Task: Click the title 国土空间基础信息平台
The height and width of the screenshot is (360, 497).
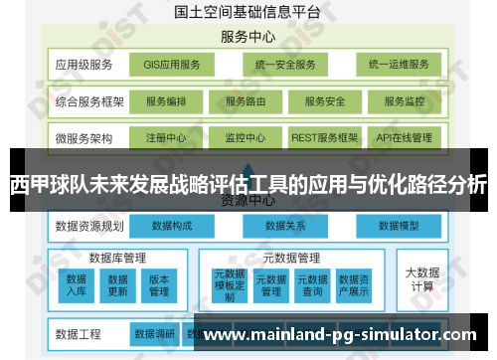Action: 248,13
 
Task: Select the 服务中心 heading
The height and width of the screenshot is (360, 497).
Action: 248,38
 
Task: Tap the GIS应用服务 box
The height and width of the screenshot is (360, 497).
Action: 171,66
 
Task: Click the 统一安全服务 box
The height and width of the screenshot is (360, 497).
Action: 283,66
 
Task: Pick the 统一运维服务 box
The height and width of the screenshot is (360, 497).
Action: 398,66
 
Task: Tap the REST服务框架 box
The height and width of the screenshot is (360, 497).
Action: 325,137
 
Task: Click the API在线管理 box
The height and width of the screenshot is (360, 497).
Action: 405,137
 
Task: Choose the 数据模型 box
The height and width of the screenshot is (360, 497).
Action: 402,226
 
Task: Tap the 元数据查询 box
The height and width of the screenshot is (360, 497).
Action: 312,284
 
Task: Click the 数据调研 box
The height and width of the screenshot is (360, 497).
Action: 154,333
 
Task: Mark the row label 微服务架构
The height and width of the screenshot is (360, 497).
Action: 83,137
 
